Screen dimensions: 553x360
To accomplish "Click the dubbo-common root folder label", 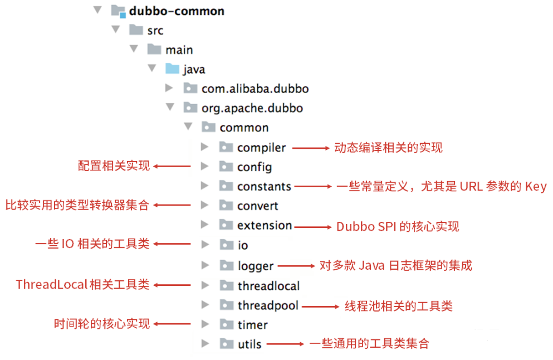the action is coord(177,11).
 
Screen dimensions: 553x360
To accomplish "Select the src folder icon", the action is coord(136,30).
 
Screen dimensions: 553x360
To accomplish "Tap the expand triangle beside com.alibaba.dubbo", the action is coord(169,89).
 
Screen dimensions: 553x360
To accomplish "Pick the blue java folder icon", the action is coord(173,69).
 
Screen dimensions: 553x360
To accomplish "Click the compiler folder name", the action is coord(261,148).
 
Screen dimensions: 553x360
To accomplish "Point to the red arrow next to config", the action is coord(172,166).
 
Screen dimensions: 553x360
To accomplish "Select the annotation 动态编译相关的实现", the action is coord(388,148).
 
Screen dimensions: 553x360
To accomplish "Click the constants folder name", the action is coord(264,187).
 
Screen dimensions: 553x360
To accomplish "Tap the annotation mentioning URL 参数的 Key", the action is coord(441,187).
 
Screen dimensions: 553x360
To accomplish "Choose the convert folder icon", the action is coord(226,206).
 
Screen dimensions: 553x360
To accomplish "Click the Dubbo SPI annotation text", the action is coord(398,226).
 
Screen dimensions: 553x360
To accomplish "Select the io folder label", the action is coord(243,245).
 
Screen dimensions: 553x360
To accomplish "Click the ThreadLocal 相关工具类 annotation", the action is coord(82,285).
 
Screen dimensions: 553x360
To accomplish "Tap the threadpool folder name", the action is coord(268,305).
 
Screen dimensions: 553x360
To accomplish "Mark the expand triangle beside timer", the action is coord(205,324).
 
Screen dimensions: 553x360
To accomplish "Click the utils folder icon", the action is coord(226,343).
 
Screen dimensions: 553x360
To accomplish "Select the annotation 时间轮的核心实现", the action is coord(102,324).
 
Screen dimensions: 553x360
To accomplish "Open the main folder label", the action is coord(179,50).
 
